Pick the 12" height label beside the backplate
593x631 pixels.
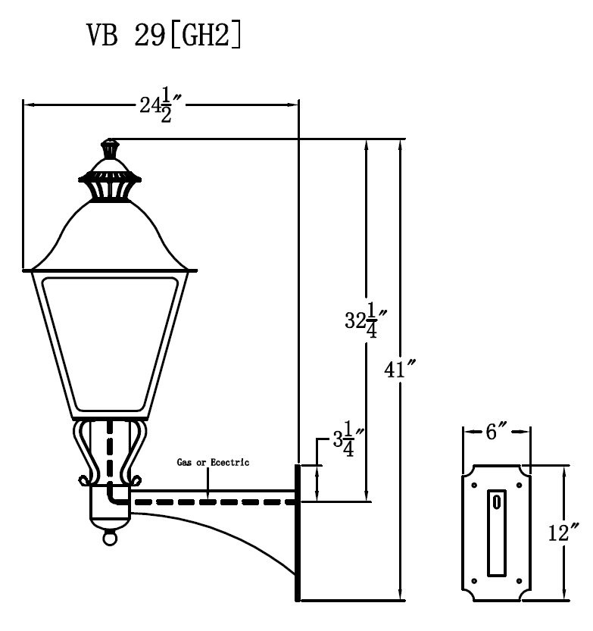point(564,532)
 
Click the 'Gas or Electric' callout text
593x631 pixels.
point(213,461)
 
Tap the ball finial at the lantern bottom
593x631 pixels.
point(111,538)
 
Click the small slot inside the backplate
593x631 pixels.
point(496,501)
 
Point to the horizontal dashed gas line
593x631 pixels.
point(212,501)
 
